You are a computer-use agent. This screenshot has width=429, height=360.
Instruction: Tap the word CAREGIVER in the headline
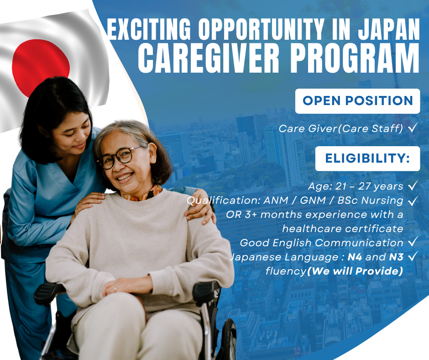tap(209, 58)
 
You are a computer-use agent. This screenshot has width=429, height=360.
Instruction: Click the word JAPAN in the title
tap(389, 29)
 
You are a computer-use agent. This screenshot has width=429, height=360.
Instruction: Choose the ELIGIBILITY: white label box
tap(367, 159)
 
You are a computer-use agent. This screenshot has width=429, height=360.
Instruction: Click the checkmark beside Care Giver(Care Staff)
tap(413, 127)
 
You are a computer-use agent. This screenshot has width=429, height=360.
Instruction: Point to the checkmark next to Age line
tap(413, 185)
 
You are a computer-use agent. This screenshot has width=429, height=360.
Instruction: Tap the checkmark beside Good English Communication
tap(413, 242)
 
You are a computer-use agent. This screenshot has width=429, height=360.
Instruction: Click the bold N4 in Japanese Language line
tap(355, 257)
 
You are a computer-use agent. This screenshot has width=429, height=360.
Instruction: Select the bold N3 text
tap(396, 257)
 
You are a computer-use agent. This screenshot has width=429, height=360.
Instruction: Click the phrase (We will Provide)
tap(355, 271)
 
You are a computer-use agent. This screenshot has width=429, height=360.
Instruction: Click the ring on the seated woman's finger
tap(115, 288)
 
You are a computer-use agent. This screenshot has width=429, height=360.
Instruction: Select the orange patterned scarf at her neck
tap(141, 193)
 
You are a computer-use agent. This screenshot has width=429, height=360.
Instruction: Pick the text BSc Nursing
tap(370, 201)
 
